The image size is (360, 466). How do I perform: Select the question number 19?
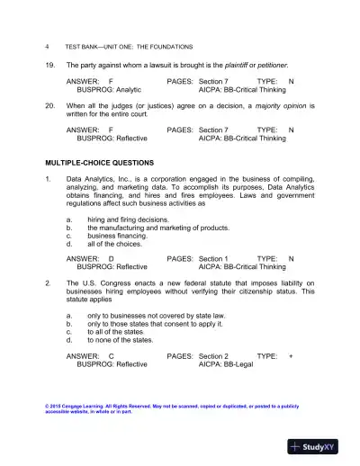click(49, 66)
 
